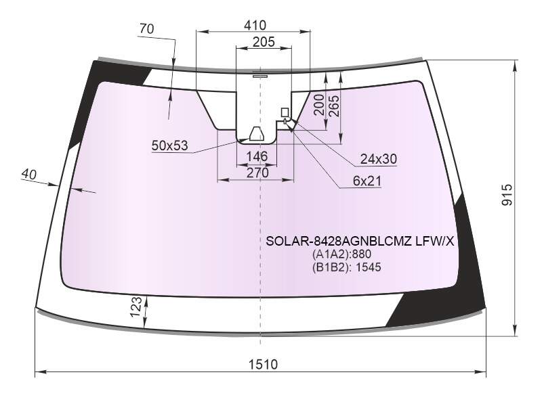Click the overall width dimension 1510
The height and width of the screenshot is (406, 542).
(263, 364)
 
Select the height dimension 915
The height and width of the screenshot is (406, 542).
(507, 196)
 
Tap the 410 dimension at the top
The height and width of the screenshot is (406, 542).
(255, 25)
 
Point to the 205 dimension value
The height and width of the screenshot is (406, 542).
(264, 42)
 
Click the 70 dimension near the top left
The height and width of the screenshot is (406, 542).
(146, 28)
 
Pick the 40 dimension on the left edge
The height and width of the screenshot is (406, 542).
(28, 174)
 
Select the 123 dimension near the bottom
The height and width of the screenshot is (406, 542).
(136, 307)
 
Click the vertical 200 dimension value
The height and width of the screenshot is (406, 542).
(318, 105)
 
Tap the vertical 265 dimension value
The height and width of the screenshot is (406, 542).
(334, 106)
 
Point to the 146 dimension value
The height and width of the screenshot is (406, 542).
(257, 156)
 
